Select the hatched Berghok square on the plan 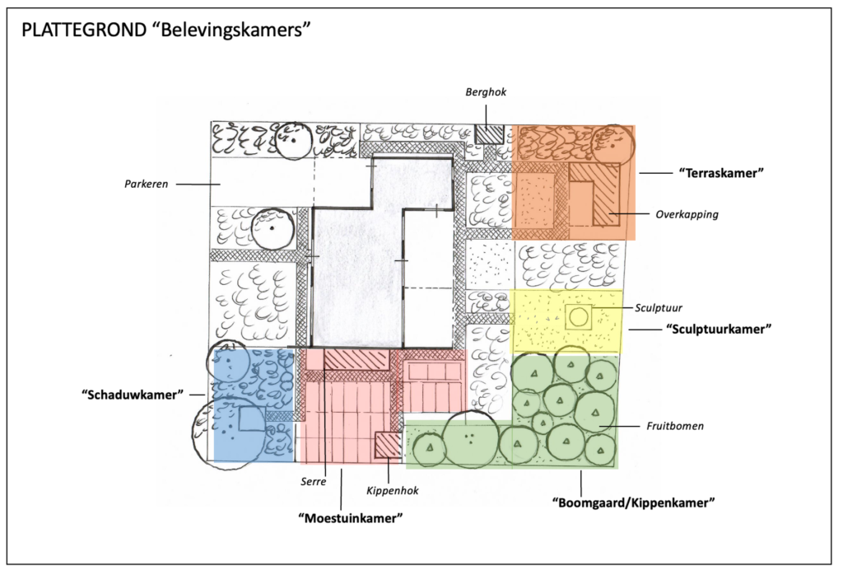[x=489, y=133]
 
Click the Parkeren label [x=147, y=185]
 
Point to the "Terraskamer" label [x=722, y=173]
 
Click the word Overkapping [x=687, y=214]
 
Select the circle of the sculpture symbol [x=580, y=316]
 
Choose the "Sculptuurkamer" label [x=718, y=329]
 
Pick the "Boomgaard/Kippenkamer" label [x=631, y=502]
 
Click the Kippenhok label [x=392, y=490]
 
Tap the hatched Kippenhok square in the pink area [x=388, y=446]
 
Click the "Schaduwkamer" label [x=132, y=395]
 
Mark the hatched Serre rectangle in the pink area [x=355, y=359]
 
